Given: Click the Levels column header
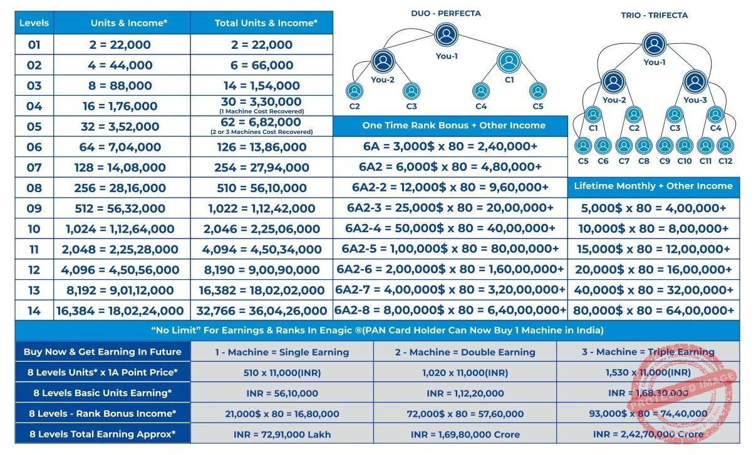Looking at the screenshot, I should [x=34, y=23].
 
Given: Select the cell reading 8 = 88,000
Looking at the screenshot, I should [x=122, y=86].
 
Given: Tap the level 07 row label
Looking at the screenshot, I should [x=34, y=168].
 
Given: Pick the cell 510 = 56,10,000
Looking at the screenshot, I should [x=261, y=188].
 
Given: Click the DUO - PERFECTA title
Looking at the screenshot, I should [x=446, y=13].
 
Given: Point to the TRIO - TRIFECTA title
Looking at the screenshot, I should [x=653, y=15].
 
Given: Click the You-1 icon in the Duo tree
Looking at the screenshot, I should [x=446, y=35].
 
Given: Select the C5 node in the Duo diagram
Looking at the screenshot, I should [x=537, y=91].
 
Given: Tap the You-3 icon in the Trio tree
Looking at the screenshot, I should [x=694, y=81].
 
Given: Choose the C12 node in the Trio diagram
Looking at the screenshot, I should [x=725, y=146].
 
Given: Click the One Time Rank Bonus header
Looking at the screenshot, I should [x=453, y=126].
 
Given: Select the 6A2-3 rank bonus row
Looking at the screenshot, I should [x=450, y=208].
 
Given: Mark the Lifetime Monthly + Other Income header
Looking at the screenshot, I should [x=653, y=186].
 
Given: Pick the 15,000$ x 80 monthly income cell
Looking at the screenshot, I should [x=653, y=249].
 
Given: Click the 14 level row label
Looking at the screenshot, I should [x=34, y=310].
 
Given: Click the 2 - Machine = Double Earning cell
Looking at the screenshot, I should [x=465, y=352].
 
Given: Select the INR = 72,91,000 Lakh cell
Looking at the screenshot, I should [x=282, y=434].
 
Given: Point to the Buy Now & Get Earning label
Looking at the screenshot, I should [x=103, y=352].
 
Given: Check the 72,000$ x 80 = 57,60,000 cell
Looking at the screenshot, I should [x=465, y=413].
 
